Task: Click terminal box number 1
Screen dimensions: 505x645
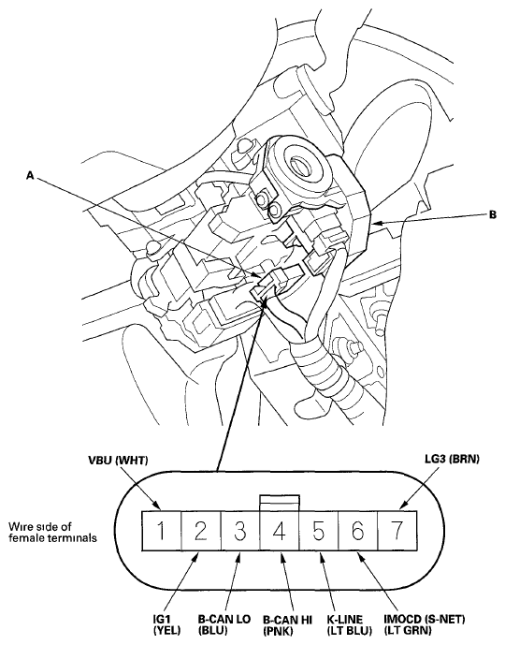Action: tap(161, 531)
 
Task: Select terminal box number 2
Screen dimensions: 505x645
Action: tap(200, 531)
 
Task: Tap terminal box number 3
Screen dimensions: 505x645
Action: tap(240, 531)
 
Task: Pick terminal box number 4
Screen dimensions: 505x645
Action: tap(280, 531)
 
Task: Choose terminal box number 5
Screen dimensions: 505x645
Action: tap(319, 531)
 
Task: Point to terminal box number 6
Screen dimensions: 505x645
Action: tap(358, 531)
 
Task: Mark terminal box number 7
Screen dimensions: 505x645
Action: tap(397, 531)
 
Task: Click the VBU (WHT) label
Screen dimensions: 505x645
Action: tap(118, 461)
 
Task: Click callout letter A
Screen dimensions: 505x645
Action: tap(30, 176)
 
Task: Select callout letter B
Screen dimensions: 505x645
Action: tap(493, 214)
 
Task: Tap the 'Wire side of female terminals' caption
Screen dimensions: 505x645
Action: tap(52, 532)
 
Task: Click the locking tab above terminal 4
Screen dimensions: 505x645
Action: tap(280, 503)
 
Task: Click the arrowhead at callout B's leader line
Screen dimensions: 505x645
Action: tap(378, 224)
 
